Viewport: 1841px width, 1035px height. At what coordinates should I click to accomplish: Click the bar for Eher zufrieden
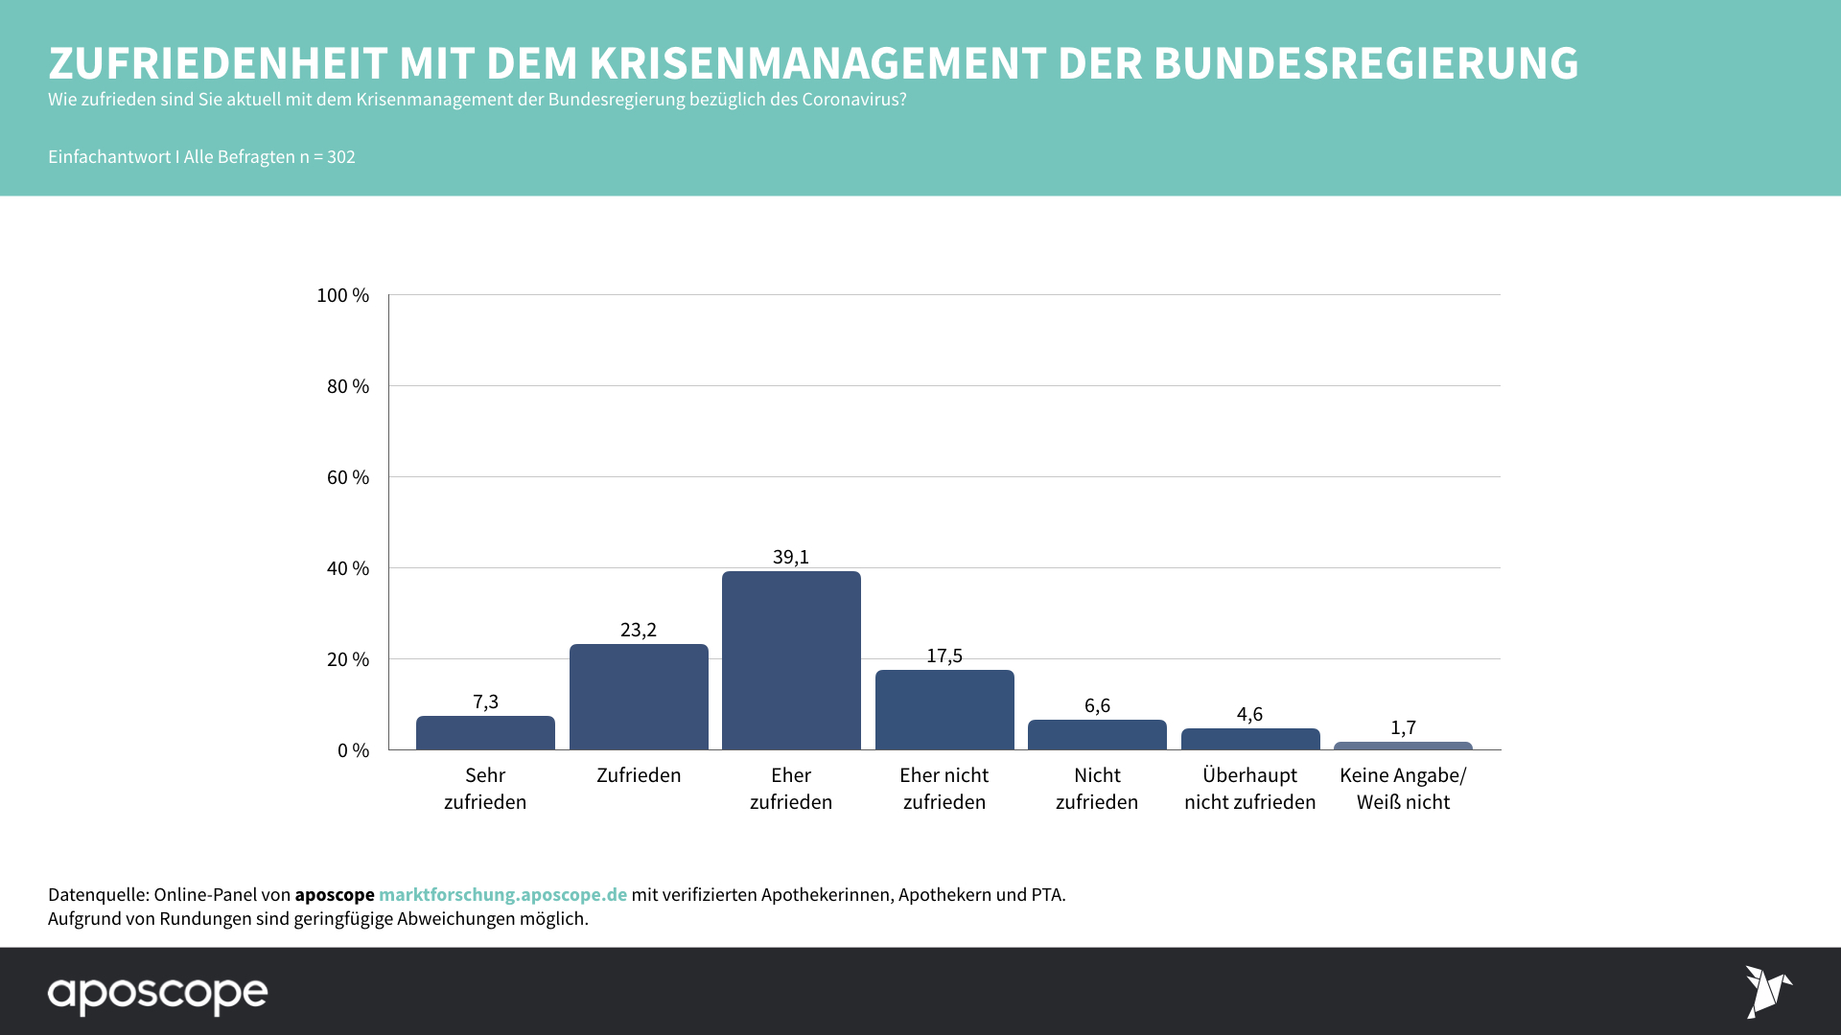click(x=791, y=660)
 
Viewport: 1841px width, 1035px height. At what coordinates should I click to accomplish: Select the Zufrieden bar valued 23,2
click(x=639, y=697)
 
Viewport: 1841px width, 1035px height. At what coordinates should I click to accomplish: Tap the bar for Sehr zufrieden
click(x=485, y=733)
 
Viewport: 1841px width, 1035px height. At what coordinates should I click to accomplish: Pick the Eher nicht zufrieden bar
click(x=944, y=710)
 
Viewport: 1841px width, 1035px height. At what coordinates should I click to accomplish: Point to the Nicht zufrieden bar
click(x=1097, y=735)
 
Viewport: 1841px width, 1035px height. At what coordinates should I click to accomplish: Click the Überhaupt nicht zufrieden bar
click(x=1250, y=739)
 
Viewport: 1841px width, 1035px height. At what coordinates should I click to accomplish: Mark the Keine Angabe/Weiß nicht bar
click(x=1403, y=746)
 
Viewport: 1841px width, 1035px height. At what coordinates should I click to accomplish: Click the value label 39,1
click(x=791, y=557)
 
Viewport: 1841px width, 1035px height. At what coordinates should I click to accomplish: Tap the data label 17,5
click(x=944, y=655)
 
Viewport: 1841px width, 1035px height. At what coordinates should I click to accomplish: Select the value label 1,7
click(x=1403, y=727)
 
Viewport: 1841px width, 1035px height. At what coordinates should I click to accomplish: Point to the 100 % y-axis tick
click(x=343, y=295)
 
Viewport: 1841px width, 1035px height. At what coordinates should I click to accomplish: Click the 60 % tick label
click(x=348, y=477)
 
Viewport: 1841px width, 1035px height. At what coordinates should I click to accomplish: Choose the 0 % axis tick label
click(x=353, y=750)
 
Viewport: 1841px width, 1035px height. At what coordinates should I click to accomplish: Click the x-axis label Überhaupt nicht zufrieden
click(x=1250, y=789)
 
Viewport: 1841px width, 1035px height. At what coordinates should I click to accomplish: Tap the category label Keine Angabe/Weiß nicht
click(x=1403, y=789)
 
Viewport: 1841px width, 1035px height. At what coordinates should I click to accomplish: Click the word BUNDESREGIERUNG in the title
click(x=1365, y=63)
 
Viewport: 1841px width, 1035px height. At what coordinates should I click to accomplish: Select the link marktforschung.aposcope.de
click(x=502, y=894)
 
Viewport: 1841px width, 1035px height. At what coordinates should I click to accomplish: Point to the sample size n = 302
click(x=327, y=157)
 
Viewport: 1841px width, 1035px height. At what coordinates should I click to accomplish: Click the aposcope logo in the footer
click(x=158, y=994)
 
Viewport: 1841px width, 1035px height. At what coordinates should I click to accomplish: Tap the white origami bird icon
click(x=1766, y=991)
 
